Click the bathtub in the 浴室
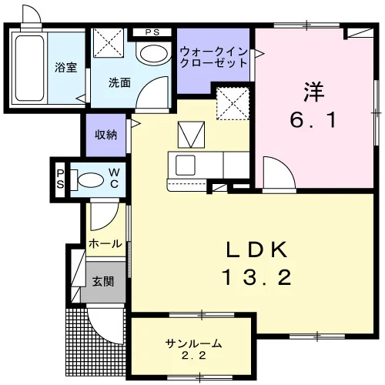tap(29, 68)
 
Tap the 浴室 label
tap(66, 67)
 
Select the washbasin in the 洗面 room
tap(153, 53)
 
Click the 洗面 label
tap(119, 82)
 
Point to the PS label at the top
tap(152, 32)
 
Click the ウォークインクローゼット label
tap(213, 58)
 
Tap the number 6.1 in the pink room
tap(313, 120)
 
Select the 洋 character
tap(313, 92)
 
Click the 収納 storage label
tap(106, 135)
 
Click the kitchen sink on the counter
tap(186, 165)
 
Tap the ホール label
tap(105, 243)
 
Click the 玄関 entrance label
tap(103, 282)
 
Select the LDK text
tap(256, 249)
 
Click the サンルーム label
tap(193, 343)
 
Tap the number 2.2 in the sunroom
tap(193, 356)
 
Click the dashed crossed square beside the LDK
tap(233, 103)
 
